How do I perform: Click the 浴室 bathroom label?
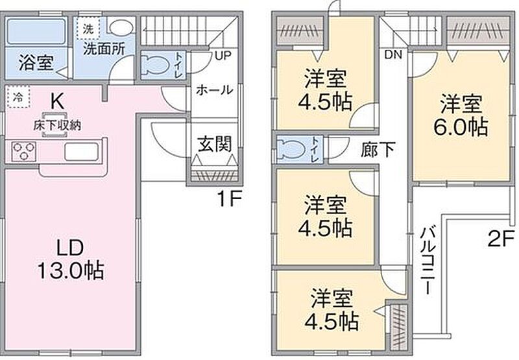coord(36,63)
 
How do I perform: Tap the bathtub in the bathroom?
coord(36,31)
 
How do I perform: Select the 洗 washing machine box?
coord(88,29)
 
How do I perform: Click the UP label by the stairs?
coord(223,55)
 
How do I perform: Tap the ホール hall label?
coord(215,90)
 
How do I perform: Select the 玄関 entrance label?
coord(215,144)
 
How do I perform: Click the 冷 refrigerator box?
coord(18,97)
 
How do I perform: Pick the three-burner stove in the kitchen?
coord(23,151)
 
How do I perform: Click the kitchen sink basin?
coord(82,152)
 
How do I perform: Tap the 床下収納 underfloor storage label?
coord(57,126)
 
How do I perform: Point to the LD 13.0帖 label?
coord(71,260)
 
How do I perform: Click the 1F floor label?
coord(229,198)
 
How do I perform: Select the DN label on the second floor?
coord(393,54)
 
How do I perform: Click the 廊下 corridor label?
coord(378,150)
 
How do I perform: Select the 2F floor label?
coord(500,238)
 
